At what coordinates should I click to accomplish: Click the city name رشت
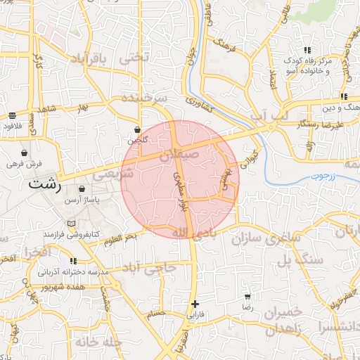point(44,186)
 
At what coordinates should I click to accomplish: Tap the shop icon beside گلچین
point(138,130)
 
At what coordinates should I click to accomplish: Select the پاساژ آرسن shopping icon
point(82,189)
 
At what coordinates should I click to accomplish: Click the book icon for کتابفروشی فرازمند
point(70,224)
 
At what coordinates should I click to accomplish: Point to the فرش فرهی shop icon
point(25,153)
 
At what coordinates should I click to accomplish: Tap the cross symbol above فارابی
point(195,304)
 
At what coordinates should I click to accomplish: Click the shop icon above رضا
point(247,297)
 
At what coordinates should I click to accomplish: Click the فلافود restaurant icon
point(13,116)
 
